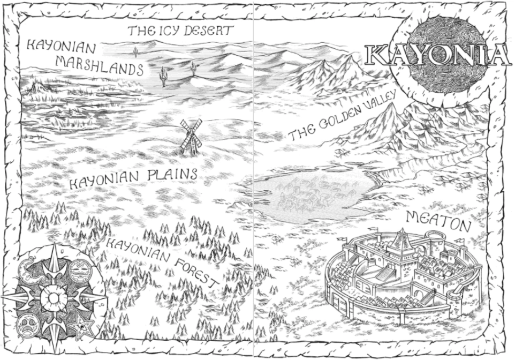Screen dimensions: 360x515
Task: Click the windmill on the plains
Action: click(190, 137)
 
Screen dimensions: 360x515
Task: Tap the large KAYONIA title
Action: click(436, 55)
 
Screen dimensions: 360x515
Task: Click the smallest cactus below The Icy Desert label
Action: click(136, 51)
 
